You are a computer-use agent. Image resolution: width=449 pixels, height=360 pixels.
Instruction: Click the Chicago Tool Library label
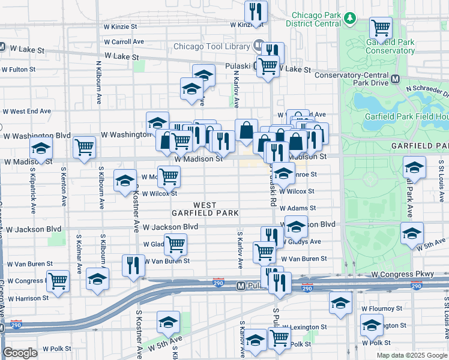coord(212,46)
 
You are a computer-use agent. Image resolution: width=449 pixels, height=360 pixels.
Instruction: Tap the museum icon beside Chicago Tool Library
coord(258,46)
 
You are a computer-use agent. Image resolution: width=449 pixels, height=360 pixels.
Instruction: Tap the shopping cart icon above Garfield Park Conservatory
coord(381,27)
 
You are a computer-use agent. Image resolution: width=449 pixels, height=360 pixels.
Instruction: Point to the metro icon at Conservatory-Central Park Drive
coord(395,79)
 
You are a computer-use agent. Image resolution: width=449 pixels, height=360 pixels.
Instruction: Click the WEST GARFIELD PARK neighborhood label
coord(205,209)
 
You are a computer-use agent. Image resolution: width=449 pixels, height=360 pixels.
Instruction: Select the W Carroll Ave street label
coord(124,42)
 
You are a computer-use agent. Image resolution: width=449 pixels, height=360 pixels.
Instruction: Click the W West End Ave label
coord(27,111)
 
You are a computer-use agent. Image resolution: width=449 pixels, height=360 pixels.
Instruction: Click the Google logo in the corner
coord(20,353)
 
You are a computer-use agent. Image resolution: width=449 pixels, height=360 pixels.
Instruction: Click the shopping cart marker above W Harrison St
coord(58,280)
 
